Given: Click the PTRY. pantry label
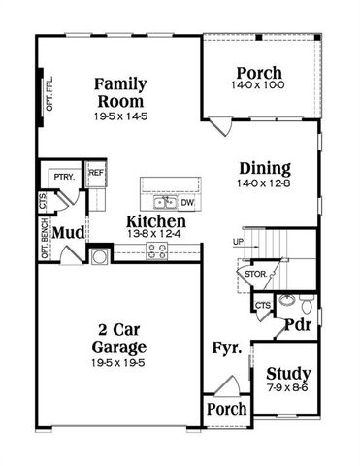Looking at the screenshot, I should point(64,177).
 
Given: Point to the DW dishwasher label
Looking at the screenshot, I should point(186,204).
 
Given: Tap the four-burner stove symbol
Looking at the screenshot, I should point(156,250).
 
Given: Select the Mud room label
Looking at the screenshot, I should point(66,233).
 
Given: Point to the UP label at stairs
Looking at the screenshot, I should point(238,241).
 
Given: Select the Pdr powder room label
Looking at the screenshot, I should point(297,325).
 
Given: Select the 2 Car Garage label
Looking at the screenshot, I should point(121,338).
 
